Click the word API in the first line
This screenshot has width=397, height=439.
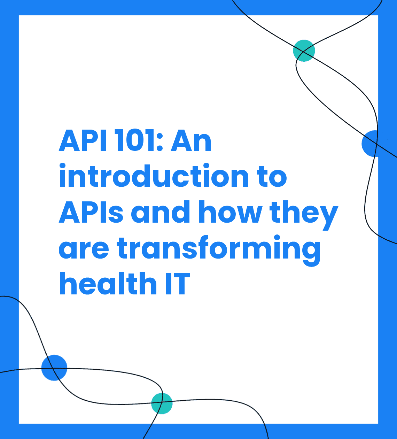tap(83, 140)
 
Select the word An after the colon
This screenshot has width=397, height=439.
tap(191, 140)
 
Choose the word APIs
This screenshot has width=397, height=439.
tap(91, 212)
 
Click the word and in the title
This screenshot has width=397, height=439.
tap(160, 211)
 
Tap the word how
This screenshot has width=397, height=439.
tap(230, 211)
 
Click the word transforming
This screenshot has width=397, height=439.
tap(218, 251)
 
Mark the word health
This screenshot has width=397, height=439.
tap(108, 284)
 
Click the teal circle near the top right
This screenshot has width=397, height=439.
tap(304, 51)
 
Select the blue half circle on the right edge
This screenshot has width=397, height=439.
tap(370, 144)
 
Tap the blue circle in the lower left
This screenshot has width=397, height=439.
tap(54, 368)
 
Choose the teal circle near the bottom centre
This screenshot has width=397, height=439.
tap(162, 403)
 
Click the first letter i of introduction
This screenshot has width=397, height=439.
tap(63, 175)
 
